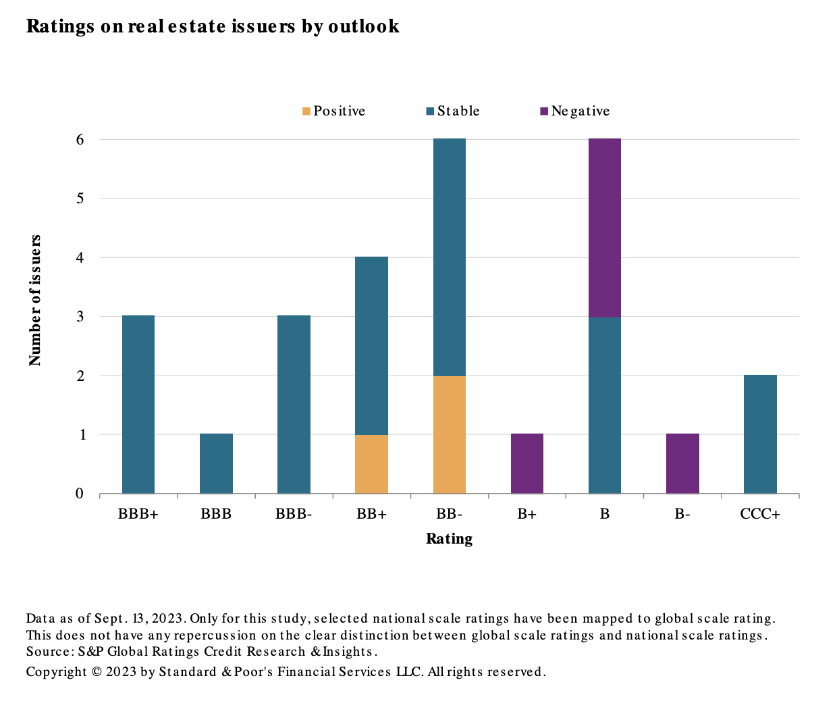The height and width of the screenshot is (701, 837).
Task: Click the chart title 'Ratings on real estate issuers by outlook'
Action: (x=213, y=26)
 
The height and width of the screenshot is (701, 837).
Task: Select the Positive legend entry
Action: (x=334, y=111)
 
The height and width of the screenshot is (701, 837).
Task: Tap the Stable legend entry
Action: (x=453, y=111)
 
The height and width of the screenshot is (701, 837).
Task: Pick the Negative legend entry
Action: (x=575, y=111)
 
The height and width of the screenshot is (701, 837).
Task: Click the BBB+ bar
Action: (x=138, y=405)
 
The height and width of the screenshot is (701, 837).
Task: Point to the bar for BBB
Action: (x=216, y=463)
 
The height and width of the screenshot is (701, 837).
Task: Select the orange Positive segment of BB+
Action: (x=371, y=464)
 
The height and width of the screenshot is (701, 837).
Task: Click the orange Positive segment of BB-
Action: (x=449, y=434)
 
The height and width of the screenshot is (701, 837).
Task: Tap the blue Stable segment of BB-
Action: (x=449, y=257)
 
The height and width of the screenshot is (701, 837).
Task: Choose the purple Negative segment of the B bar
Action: (x=605, y=228)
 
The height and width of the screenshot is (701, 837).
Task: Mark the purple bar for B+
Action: (x=527, y=463)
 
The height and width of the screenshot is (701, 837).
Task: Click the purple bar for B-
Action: (x=682, y=463)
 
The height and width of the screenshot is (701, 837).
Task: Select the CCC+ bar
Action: (x=760, y=434)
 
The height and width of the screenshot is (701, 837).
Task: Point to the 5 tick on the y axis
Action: (x=80, y=199)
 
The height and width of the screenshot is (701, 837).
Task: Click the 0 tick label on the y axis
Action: (x=80, y=494)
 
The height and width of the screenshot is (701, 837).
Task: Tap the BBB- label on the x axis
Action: (x=294, y=514)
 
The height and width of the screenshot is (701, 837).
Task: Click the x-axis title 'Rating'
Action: (x=449, y=539)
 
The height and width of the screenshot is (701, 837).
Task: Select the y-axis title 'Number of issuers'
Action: (x=35, y=301)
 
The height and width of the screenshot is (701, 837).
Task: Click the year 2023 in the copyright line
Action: (x=122, y=672)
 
